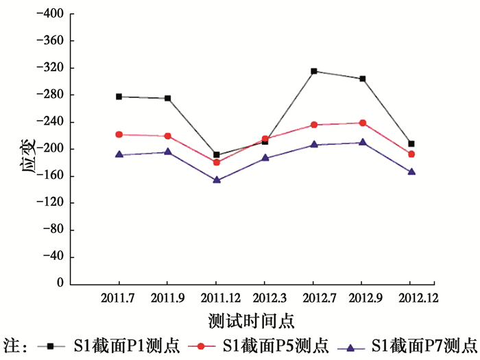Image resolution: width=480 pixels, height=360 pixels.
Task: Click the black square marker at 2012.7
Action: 313,71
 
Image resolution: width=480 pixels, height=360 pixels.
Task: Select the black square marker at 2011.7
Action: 119,97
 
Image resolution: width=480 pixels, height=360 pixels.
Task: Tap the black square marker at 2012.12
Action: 411,144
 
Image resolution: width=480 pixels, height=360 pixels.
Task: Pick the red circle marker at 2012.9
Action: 363,123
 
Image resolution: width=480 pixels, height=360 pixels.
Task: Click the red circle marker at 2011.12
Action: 217,163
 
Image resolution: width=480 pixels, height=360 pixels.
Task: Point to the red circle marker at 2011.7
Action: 119,134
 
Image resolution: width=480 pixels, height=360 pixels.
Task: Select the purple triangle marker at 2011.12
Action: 217,180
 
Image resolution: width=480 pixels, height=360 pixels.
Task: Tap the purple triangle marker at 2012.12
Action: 411,171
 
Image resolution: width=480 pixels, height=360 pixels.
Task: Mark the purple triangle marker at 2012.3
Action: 265,158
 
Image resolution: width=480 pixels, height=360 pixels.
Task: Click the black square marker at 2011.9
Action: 168,98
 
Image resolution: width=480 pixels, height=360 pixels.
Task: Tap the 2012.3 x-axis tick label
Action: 265,298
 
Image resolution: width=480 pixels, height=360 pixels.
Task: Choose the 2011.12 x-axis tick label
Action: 217,298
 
